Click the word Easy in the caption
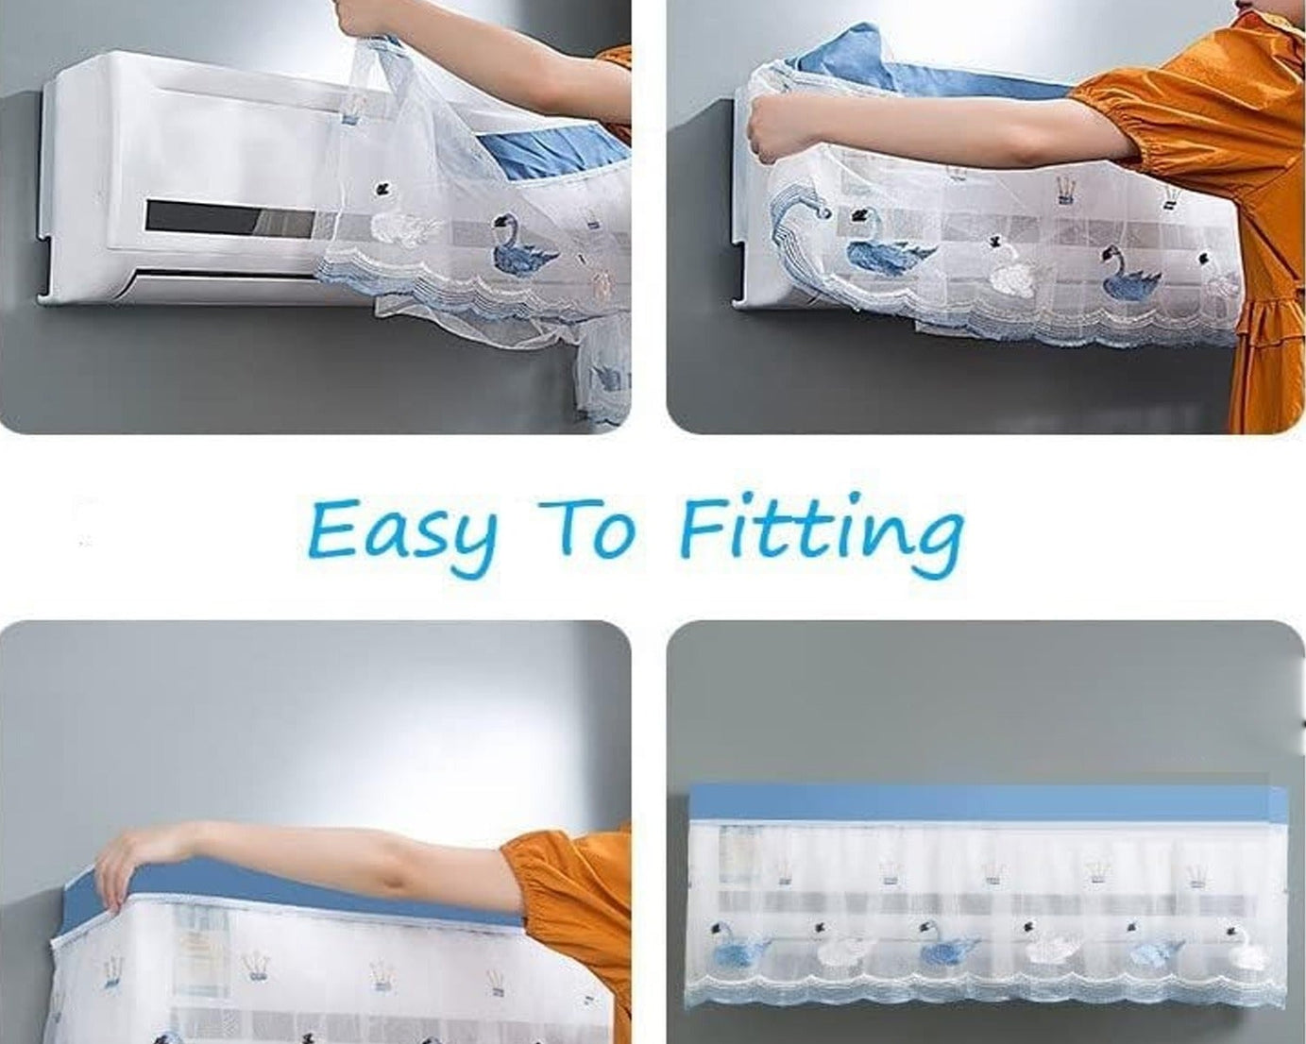click(401, 530)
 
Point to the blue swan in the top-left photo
click(522, 247)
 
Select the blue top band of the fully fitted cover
click(987, 803)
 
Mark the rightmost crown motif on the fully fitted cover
click(1197, 874)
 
